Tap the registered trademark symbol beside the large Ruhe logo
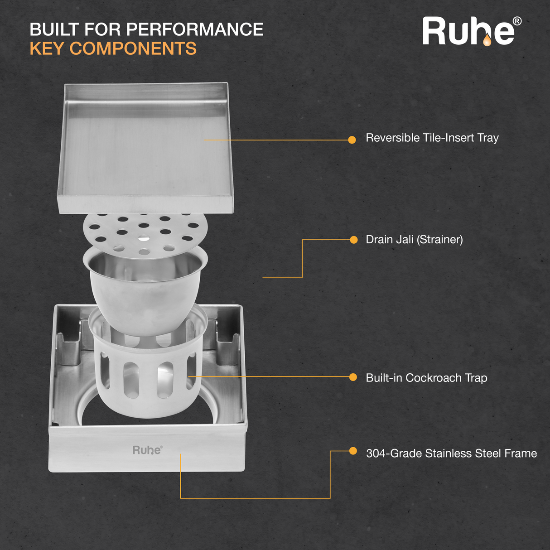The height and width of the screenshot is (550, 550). (517, 21)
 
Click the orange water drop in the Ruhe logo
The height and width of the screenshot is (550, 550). (487, 40)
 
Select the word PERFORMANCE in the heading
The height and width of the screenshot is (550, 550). (195, 29)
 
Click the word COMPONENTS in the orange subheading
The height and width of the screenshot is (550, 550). (133, 48)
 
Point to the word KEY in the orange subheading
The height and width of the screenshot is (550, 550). (47, 48)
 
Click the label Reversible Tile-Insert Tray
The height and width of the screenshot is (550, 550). (432, 138)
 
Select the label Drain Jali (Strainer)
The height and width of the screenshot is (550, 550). (414, 240)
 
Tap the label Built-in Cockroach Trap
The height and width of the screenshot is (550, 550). (426, 378)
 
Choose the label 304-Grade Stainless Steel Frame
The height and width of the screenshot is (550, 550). (452, 453)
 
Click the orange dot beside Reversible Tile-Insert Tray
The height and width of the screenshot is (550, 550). (352, 140)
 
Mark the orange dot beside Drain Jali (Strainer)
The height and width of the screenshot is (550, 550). (354, 240)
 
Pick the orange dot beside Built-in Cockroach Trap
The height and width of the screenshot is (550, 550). (353, 377)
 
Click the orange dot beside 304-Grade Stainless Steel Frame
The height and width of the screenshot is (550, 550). (353, 451)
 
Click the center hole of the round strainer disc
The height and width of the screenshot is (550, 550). (144, 237)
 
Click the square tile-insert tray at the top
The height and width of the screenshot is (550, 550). (145, 149)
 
